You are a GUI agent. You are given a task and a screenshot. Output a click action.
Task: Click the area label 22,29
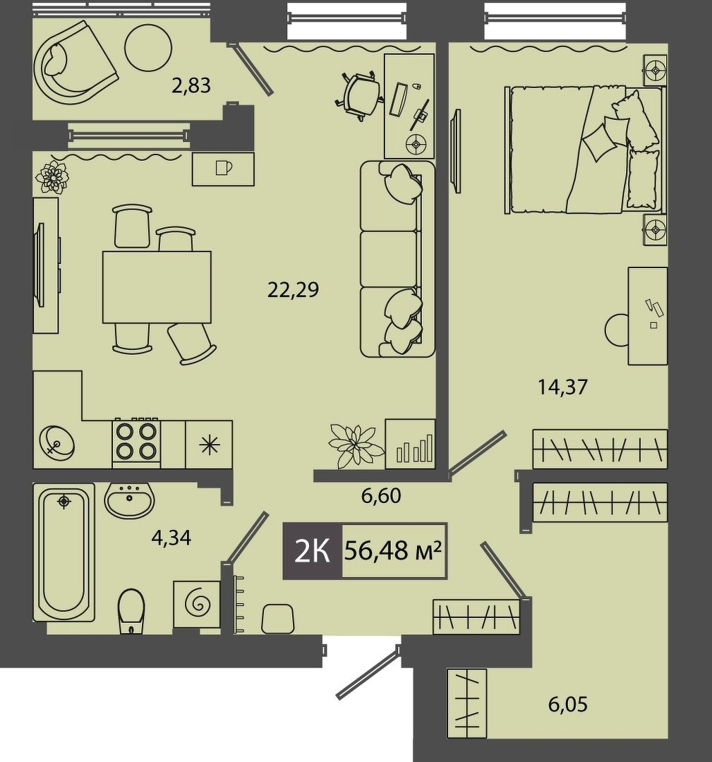pos(293,290)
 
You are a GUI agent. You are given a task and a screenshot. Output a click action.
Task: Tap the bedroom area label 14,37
pos(563,387)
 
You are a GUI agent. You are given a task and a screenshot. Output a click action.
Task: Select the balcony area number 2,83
pos(191,85)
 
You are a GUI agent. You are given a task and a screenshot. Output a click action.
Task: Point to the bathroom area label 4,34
pos(171,538)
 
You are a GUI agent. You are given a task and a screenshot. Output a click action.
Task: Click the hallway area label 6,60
pos(381,496)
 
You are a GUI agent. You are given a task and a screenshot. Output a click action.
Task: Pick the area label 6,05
pos(567,703)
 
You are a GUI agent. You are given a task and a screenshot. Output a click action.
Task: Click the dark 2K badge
pos(313,551)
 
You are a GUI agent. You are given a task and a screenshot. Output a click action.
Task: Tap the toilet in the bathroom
pos(131,611)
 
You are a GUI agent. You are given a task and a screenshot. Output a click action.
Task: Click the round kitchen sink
pos(57,442)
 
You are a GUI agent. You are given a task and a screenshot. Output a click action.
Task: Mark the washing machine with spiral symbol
pos(197,603)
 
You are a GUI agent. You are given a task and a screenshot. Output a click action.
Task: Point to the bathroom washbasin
pos(129,500)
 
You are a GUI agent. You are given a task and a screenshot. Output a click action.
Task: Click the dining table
pos(157,287)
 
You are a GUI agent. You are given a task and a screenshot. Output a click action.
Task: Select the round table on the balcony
pos(148,48)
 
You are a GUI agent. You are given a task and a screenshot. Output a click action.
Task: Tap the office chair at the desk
pos(358,96)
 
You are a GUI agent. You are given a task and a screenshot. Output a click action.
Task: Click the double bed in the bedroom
pos(585,150)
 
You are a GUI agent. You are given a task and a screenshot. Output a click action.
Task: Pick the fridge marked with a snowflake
pos(209,445)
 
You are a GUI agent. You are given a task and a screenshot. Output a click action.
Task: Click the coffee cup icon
pos(224,167)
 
